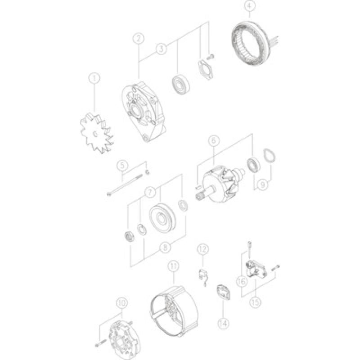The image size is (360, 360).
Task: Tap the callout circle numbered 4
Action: click(x=249, y=6)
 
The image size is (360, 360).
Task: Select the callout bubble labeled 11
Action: click(x=173, y=266)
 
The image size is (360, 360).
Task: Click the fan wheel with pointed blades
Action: click(x=96, y=132)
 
